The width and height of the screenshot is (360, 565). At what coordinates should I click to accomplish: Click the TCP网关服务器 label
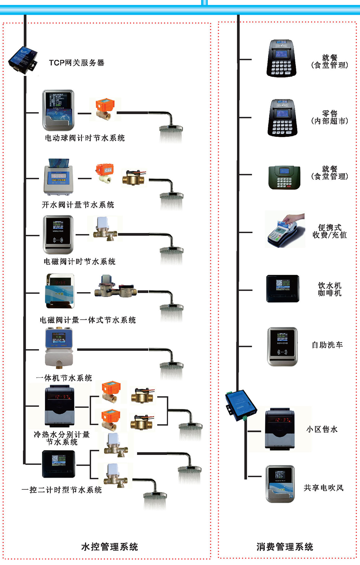pos(76,63)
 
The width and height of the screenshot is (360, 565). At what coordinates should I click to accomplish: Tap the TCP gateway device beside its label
pos(23,60)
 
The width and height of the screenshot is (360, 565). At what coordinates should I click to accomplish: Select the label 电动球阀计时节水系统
pos(85,138)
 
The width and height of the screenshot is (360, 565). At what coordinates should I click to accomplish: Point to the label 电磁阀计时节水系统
pos(79,262)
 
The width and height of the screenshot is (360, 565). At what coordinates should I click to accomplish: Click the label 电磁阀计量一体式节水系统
pos(88,320)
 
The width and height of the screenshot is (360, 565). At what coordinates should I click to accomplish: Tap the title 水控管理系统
pos(109,547)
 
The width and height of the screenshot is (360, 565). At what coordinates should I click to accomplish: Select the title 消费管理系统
pos(285,547)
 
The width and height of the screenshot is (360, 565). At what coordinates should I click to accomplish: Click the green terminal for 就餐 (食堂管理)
pos(284,178)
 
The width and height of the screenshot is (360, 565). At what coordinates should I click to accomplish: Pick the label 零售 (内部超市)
pos(329,117)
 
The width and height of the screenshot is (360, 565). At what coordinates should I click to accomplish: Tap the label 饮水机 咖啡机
pos(329,289)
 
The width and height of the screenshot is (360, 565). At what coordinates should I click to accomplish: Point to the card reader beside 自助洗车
pos(282,347)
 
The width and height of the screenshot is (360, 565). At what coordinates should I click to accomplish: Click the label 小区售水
pos(322,429)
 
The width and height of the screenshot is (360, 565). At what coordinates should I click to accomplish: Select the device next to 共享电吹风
pos(280,484)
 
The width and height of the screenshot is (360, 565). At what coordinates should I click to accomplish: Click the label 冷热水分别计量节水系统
pos(62,438)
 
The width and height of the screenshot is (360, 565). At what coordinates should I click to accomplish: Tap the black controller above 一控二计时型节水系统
pos(58,464)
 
